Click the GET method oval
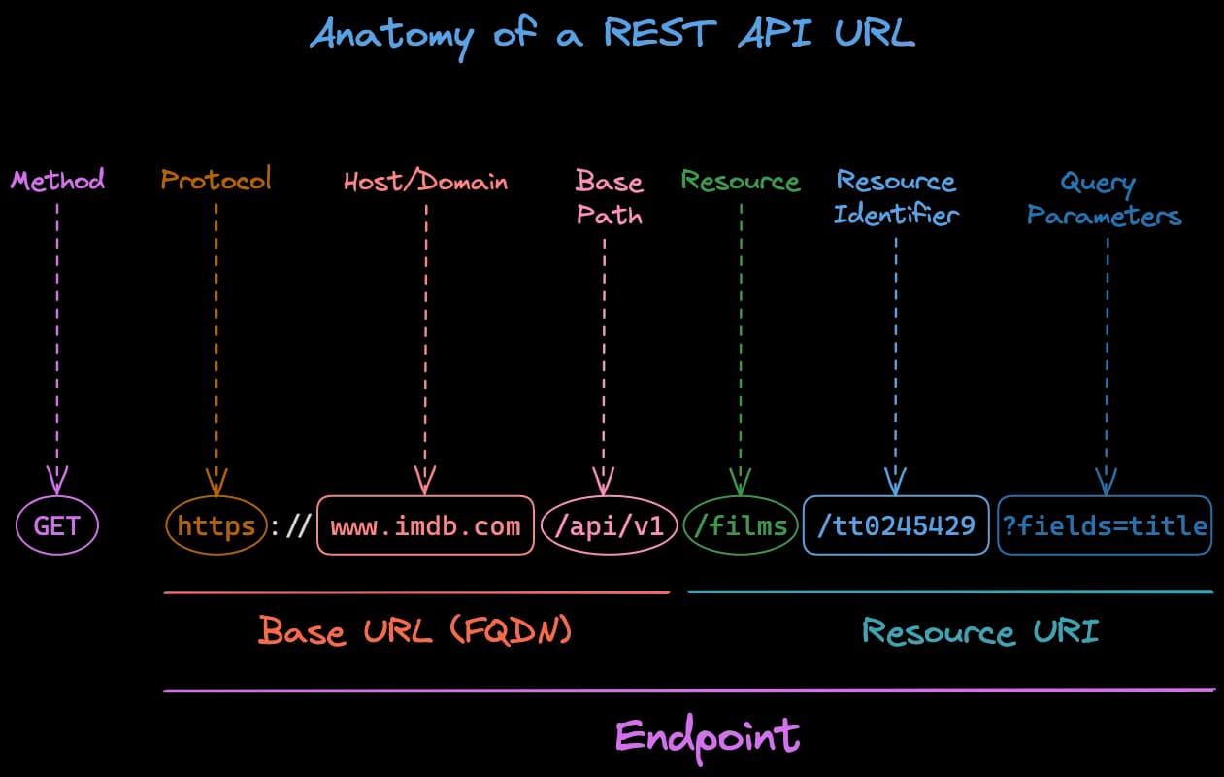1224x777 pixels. [x=57, y=526]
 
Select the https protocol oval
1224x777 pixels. [x=215, y=526]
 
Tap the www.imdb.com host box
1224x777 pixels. [x=425, y=526]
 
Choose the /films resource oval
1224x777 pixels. [x=741, y=526]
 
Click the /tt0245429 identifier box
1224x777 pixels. [x=896, y=526]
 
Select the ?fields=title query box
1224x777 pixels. [x=1105, y=526]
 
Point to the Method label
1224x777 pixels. [x=57, y=180]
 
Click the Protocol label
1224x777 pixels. [x=215, y=180]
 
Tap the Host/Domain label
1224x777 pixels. [x=425, y=182]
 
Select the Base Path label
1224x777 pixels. [x=609, y=197]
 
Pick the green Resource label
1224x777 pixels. [x=741, y=181]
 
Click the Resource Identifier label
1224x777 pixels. [x=896, y=197]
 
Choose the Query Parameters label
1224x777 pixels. [x=1105, y=198]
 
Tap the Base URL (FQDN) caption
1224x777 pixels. [x=415, y=631]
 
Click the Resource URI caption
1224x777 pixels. [x=980, y=631]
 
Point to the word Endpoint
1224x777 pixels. [x=708, y=735]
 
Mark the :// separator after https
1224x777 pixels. [x=289, y=526]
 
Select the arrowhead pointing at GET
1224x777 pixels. [x=57, y=479]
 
